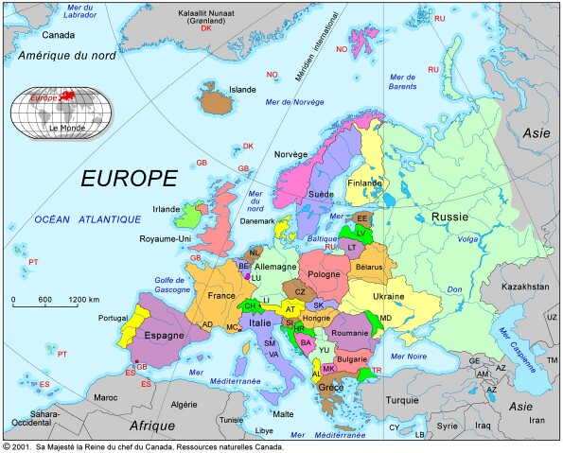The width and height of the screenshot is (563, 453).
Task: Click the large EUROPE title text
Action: (129, 178)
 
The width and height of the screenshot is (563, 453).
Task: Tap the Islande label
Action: (243, 90)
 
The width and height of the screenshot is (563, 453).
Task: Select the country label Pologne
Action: (324, 273)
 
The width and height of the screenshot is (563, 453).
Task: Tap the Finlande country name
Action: (365, 183)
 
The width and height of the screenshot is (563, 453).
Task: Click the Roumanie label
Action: (349, 333)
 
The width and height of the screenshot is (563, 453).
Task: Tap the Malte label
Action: (283, 414)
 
